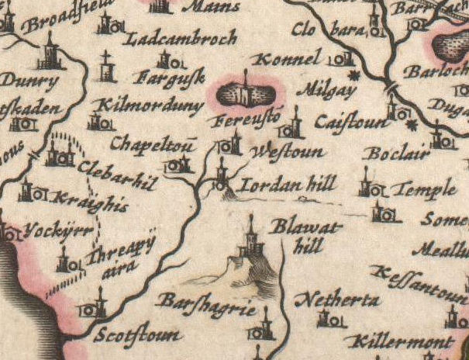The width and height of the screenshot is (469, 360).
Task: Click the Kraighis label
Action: click(82, 199)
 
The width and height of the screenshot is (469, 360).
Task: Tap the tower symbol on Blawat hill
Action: click(250, 241)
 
